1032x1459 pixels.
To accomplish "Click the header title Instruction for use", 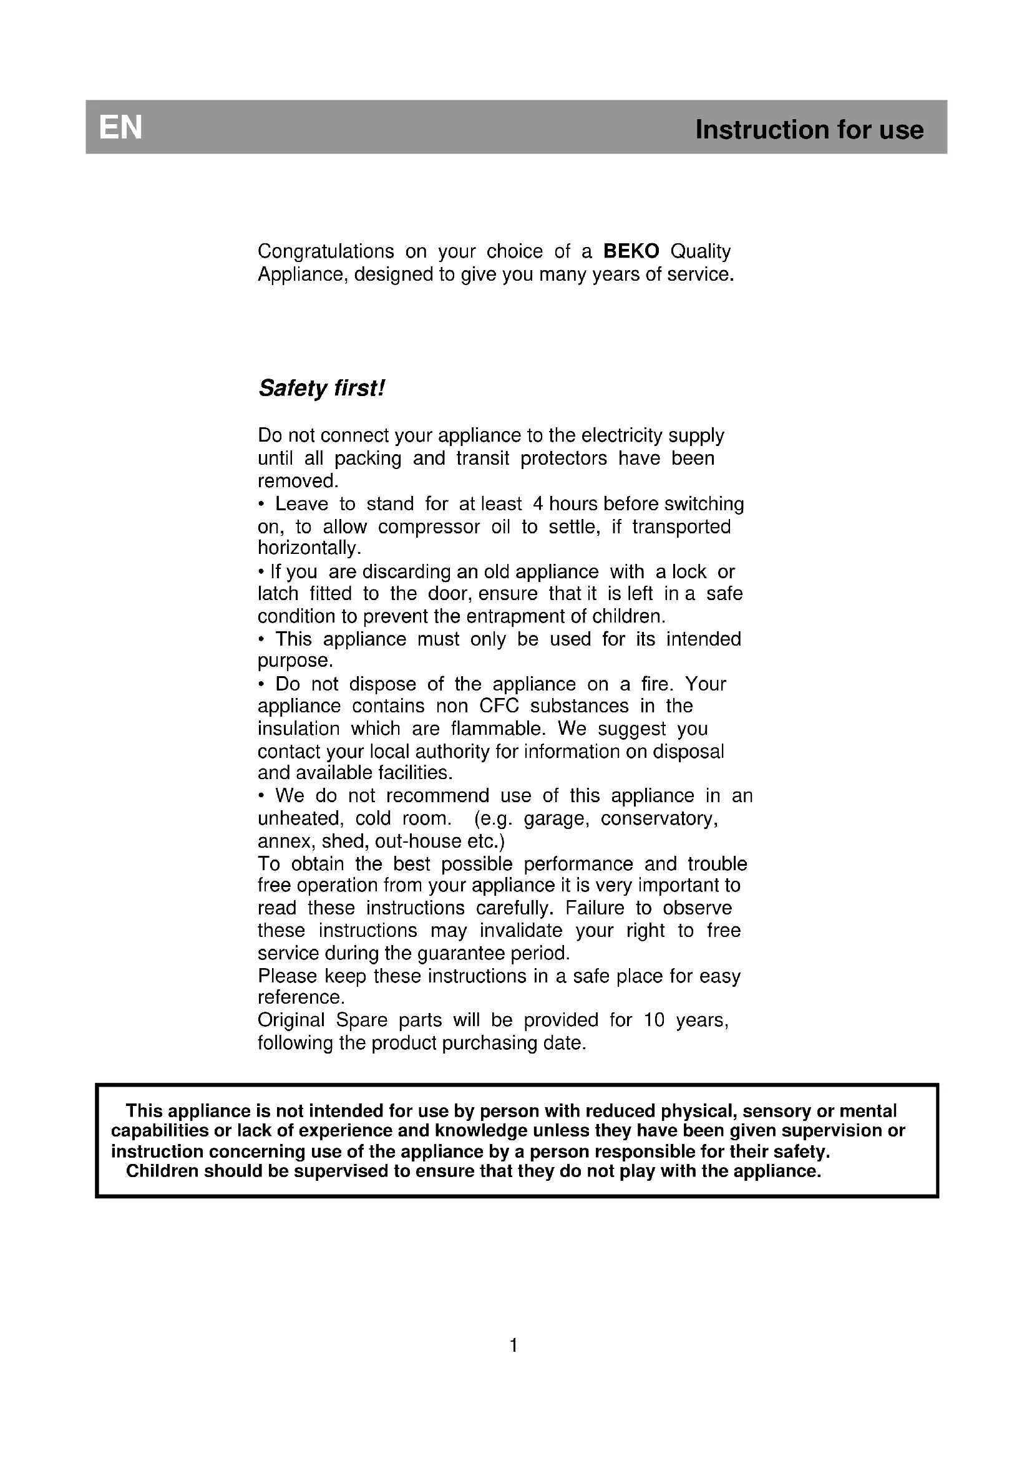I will click(809, 130).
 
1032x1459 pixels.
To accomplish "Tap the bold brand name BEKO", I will click(631, 251).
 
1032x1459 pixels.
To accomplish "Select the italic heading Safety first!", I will click(321, 388).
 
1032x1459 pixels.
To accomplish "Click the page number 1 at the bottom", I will click(514, 1345).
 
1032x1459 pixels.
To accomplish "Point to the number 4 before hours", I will click(538, 504).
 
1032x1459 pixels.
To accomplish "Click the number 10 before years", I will click(654, 1020).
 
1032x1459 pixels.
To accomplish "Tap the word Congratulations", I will click(326, 251).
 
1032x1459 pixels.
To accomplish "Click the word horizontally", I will click(309, 548).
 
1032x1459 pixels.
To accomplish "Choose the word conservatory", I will click(659, 818).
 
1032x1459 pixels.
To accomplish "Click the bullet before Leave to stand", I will click(261, 505).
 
